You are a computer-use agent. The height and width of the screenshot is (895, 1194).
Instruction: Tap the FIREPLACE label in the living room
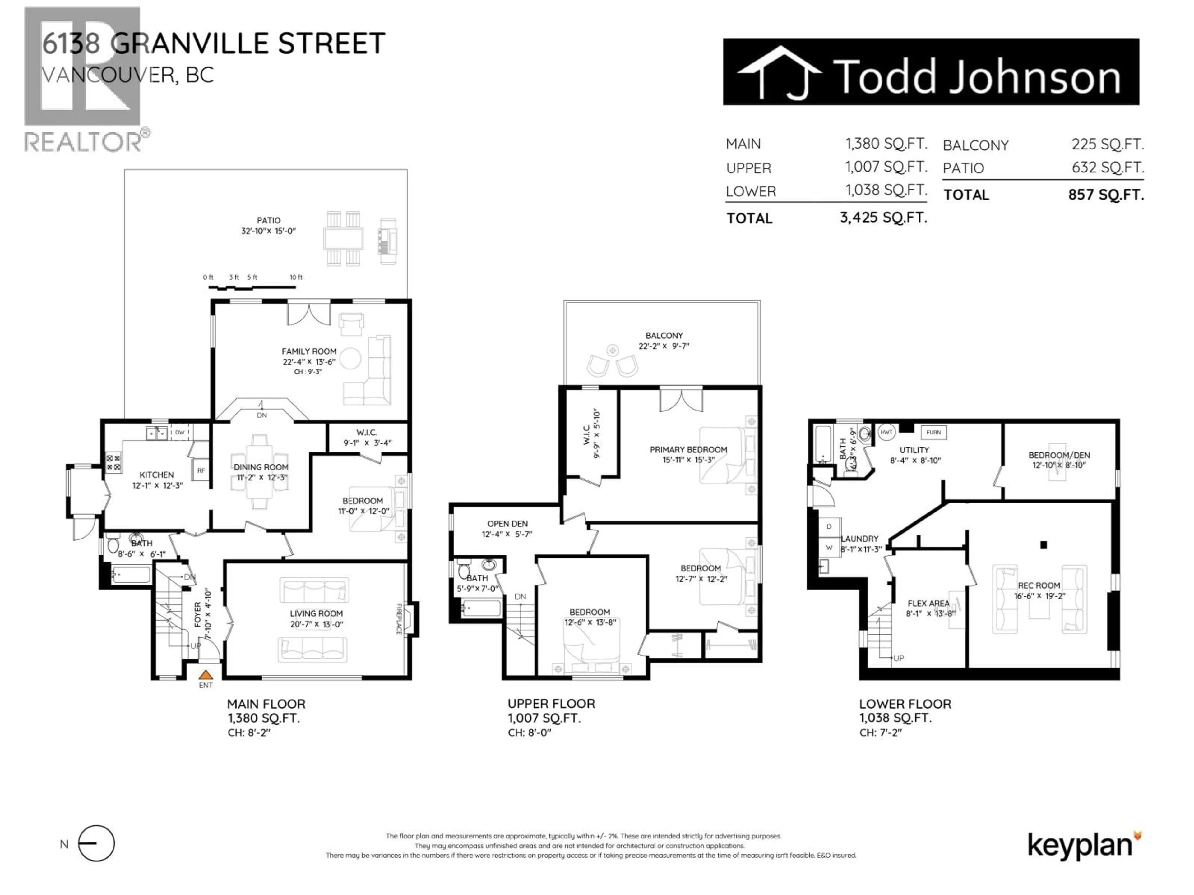coord(399,619)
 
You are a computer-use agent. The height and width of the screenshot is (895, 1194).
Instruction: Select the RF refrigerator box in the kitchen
coord(201,470)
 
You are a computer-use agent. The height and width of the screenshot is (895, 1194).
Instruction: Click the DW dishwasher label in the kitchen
coord(180,433)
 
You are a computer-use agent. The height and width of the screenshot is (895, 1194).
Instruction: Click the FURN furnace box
coord(933,432)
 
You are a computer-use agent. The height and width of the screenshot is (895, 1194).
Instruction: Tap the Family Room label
coord(309,351)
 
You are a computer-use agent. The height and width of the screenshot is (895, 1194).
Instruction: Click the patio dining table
coord(343,238)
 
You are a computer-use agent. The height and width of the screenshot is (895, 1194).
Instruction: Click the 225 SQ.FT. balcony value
coord(1107,145)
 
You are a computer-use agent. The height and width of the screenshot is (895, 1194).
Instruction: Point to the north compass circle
coord(97,843)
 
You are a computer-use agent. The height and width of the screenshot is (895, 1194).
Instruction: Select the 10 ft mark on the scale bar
coord(296,277)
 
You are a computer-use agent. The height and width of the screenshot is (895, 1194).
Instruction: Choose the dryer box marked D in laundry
coord(829,526)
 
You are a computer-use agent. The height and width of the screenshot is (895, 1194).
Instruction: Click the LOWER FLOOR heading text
coord(905,704)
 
